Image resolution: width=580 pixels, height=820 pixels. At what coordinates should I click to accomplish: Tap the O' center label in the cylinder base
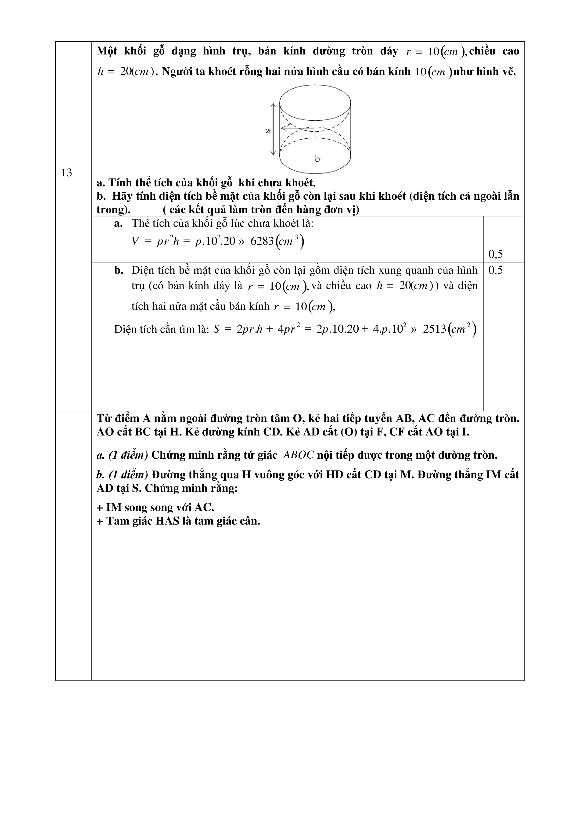[x=317, y=159]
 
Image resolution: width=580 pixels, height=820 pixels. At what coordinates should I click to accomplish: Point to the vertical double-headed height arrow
[x=273, y=129]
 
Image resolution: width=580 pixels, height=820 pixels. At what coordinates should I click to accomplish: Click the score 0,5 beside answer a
[x=495, y=254]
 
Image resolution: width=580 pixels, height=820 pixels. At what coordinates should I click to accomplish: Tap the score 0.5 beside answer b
[x=495, y=270]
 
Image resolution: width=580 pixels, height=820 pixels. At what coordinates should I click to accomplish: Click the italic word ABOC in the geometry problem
[x=299, y=455]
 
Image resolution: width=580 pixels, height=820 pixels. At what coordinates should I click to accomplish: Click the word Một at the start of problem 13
[x=107, y=51]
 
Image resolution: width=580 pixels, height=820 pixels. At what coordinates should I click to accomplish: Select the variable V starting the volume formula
[x=135, y=242]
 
